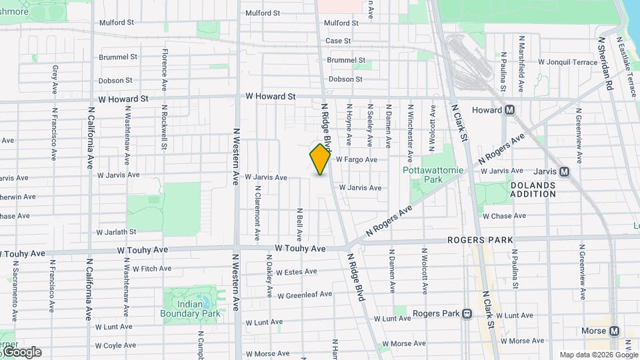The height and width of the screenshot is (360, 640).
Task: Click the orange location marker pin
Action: pyautogui.click(x=320, y=159)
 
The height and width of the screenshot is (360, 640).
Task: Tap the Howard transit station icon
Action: pyautogui.click(x=509, y=110)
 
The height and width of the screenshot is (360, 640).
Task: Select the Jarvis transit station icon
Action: pyautogui.click(x=565, y=171)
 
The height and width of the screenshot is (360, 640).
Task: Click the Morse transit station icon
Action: pyautogui.click(x=614, y=331)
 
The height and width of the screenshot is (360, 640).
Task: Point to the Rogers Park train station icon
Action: pyautogui.click(x=467, y=313)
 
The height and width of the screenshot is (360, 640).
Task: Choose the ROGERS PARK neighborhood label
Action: pyautogui.click(x=480, y=240)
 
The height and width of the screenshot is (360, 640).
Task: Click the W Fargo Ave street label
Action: pyautogui.click(x=357, y=160)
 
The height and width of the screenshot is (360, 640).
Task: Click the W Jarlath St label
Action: pyautogui.click(x=117, y=232)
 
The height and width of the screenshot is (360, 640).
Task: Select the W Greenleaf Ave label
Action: pyautogui.click(x=305, y=295)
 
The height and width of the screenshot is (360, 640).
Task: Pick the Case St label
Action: pyautogui.click(x=338, y=41)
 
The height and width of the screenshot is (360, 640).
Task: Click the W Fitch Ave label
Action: pyautogui.click(x=151, y=269)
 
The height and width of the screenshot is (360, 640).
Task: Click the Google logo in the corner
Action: pyautogui.click(x=21, y=352)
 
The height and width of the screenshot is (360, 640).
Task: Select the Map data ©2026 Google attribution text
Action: pyautogui.click(x=598, y=355)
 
